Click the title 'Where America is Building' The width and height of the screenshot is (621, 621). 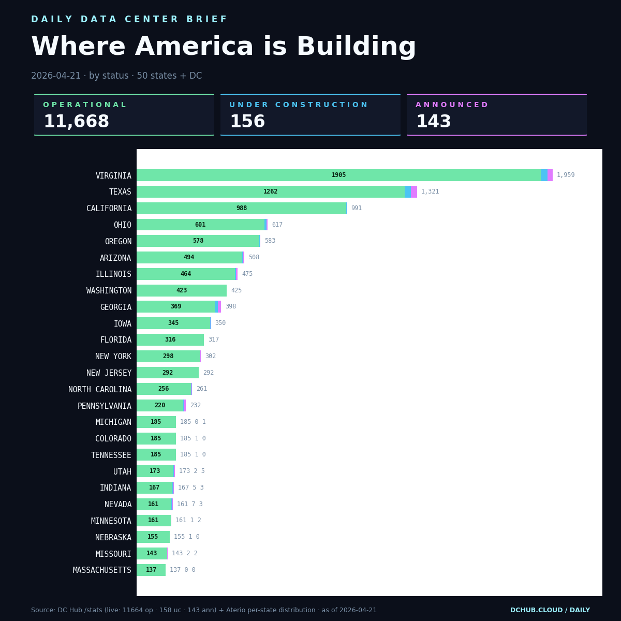coord(224,48)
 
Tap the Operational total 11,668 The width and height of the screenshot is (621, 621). coord(76,122)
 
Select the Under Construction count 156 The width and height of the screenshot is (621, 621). coord(247,122)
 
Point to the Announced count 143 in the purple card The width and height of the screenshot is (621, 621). coord(434,122)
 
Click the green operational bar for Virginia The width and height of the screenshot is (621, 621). coord(338,175)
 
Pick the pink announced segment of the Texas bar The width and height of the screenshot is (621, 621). coord(414,192)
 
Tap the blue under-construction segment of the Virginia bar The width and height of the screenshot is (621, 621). coord(544,175)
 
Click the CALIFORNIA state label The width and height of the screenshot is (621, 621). coord(109,209)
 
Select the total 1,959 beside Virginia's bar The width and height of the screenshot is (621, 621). coord(566,175)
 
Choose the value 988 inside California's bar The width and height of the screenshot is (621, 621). coord(242,209)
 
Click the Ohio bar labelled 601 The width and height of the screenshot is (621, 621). coord(200,225)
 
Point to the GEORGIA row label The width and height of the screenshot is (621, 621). coord(115,307)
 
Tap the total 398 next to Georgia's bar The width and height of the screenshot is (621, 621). coord(230,307)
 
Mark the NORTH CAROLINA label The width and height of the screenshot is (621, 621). coord(100,390)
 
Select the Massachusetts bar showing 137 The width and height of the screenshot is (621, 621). coord(151,570)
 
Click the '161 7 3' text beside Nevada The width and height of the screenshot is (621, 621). coord(190,504)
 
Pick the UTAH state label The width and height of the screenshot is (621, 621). coord(122,472)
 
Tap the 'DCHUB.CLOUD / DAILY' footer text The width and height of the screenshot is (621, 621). coord(550,611)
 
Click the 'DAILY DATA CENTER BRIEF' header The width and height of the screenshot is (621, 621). coord(129,20)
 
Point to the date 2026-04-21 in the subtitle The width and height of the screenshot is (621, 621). coord(56,76)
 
